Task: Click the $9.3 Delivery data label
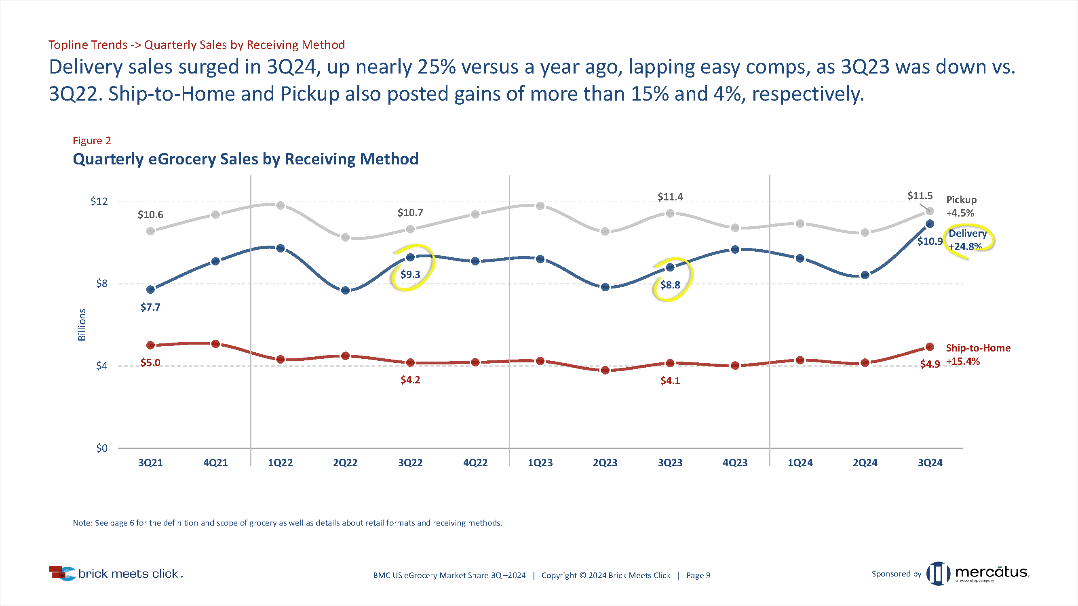point(410,274)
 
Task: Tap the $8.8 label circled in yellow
point(670,285)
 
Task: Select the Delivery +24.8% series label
point(967,240)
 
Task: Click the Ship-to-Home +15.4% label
point(978,354)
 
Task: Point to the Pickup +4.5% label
point(961,206)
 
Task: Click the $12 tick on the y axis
point(99,201)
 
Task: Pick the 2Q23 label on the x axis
point(605,463)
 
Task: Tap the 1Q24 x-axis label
point(800,463)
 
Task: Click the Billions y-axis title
point(82,324)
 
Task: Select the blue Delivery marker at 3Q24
point(930,224)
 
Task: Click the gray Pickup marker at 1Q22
point(281,205)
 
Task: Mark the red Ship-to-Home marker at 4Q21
point(215,344)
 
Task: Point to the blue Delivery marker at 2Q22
point(345,290)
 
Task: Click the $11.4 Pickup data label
point(670,197)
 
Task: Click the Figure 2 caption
point(92,141)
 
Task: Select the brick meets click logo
point(116,573)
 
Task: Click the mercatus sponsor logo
point(978,573)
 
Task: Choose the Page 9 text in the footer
point(698,575)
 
